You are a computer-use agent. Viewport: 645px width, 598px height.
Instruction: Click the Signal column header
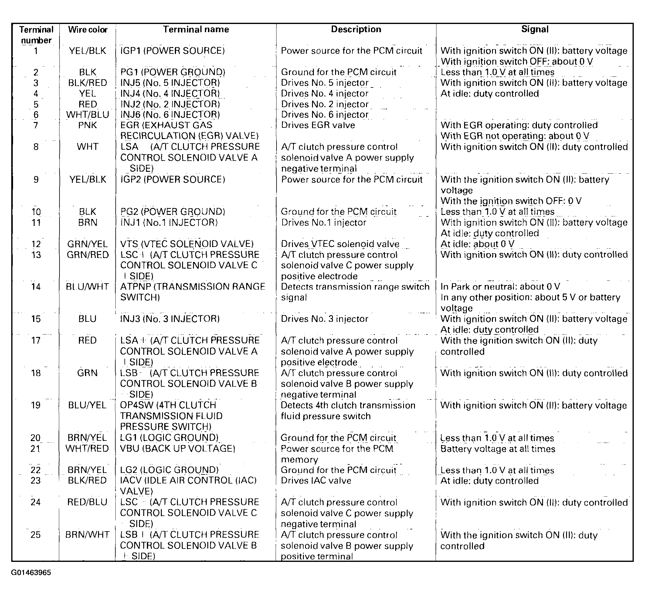(535, 29)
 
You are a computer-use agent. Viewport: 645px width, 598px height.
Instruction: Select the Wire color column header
(88, 30)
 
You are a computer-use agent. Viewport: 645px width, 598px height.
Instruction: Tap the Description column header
(356, 29)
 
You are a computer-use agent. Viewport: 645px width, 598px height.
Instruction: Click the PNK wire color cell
(87, 125)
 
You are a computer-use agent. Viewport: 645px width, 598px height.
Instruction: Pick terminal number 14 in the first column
(36, 287)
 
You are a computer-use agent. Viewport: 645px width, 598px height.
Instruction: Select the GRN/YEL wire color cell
(87, 244)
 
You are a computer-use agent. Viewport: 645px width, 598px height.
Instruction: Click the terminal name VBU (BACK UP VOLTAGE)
(177, 449)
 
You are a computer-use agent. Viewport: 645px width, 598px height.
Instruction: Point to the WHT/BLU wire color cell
(87, 114)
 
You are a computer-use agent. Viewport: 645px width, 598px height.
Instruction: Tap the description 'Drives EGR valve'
(318, 125)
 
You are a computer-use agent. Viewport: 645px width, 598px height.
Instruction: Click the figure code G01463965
(31, 573)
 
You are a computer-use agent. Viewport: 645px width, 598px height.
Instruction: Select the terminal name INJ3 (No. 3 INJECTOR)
(170, 319)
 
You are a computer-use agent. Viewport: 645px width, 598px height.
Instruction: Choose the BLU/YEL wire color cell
(87, 405)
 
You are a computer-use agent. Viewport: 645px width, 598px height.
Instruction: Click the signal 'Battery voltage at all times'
(498, 449)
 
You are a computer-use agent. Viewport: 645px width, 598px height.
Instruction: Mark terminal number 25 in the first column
(36, 535)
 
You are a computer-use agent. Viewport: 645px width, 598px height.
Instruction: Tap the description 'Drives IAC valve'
(316, 481)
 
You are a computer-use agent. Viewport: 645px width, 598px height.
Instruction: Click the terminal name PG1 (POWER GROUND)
(173, 72)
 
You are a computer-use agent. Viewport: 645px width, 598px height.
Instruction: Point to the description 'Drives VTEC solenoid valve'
(340, 244)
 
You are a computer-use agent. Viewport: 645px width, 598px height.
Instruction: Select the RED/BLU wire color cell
(87, 502)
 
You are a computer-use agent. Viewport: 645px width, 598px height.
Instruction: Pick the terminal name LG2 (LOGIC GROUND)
(169, 470)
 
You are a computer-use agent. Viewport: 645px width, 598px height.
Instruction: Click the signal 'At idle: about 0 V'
(477, 244)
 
